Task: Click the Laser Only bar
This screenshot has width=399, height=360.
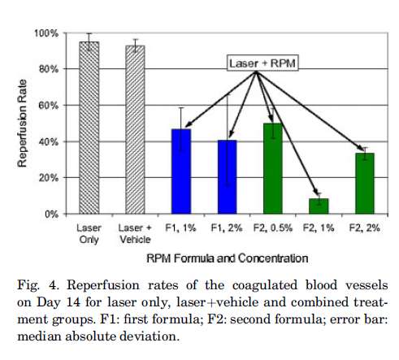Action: click(x=89, y=128)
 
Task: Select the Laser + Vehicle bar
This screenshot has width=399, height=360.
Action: click(x=135, y=130)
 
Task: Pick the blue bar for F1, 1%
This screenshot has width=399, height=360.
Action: click(x=181, y=171)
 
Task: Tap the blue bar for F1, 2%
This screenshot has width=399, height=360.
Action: click(x=227, y=177)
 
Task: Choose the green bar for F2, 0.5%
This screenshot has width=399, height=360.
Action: click(x=273, y=168)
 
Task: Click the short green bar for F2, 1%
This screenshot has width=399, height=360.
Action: click(x=319, y=206)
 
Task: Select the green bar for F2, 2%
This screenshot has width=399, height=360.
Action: click(x=365, y=184)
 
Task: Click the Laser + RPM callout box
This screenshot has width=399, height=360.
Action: click(x=262, y=63)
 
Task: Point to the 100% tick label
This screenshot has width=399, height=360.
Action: click(x=46, y=33)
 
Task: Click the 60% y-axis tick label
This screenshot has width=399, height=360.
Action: click(x=49, y=105)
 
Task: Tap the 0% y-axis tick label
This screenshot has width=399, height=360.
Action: click(x=51, y=215)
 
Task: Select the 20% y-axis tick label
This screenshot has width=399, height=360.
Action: click(x=49, y=178)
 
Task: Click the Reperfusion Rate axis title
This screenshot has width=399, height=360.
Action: click(x=22, y=124)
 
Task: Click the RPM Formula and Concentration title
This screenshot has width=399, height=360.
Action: click(x=228, y=258)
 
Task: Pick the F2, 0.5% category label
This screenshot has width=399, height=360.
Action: click(x=273, y=228)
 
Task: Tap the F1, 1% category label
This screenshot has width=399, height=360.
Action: click(x=180, y=228)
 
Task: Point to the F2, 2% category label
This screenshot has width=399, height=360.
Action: click(x=365, y=228)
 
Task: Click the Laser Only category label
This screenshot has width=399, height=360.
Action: click(x=89, y=233)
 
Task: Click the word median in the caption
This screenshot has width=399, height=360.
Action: click(x=39, y=336)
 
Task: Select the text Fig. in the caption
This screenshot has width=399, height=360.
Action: click(x=28, y=285)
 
